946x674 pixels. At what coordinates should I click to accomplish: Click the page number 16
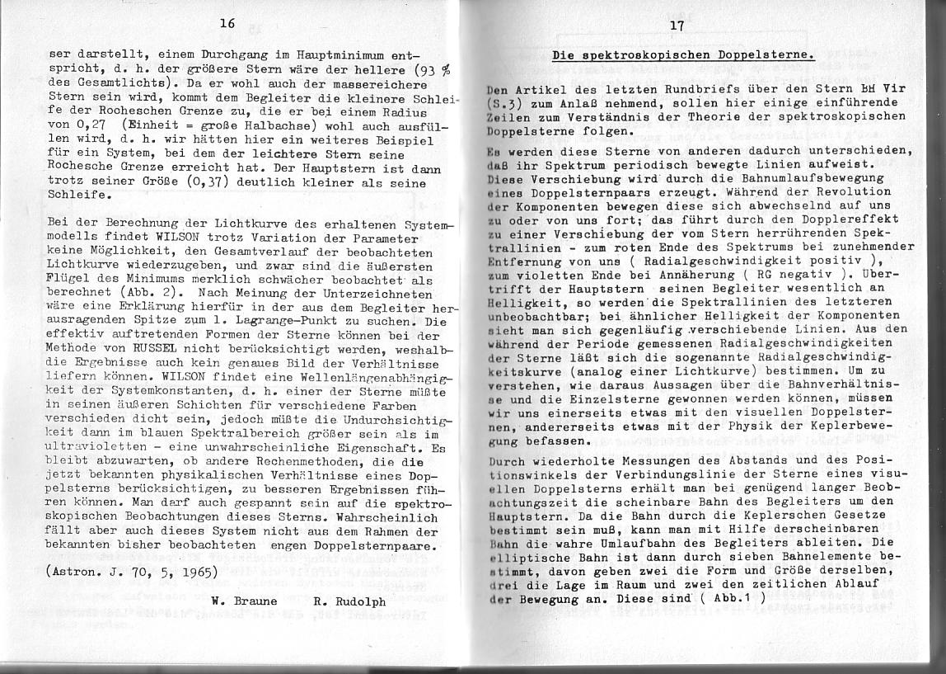click(x=227, y=24)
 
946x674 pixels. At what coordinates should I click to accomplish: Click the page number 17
click(x=677, y=26)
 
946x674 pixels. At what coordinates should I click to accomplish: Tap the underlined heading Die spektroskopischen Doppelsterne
click(x=683, y=56)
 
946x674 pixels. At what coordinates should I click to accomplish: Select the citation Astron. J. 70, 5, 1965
click(x=133, y=571)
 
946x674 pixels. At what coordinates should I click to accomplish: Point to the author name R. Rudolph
click(x=349, y=601)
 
